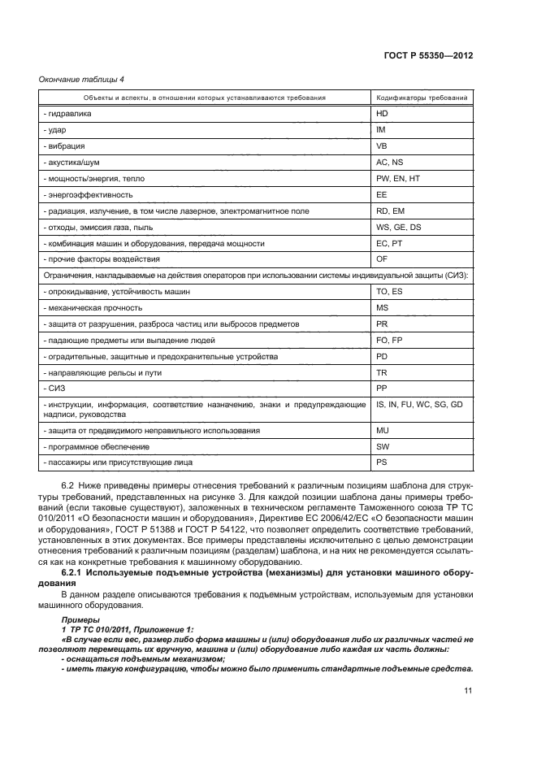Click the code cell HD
pyautogui.click(x=382, y=114)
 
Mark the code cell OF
pyautogui.click(x=382, y=259)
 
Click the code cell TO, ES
pyautogui.click(x=389, y=291)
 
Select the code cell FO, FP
pyautogui.click(x=389, y=340)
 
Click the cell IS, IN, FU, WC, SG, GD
pyautogui.click(x=419, y=404)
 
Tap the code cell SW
pyautogui.click(x=383, y=446)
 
